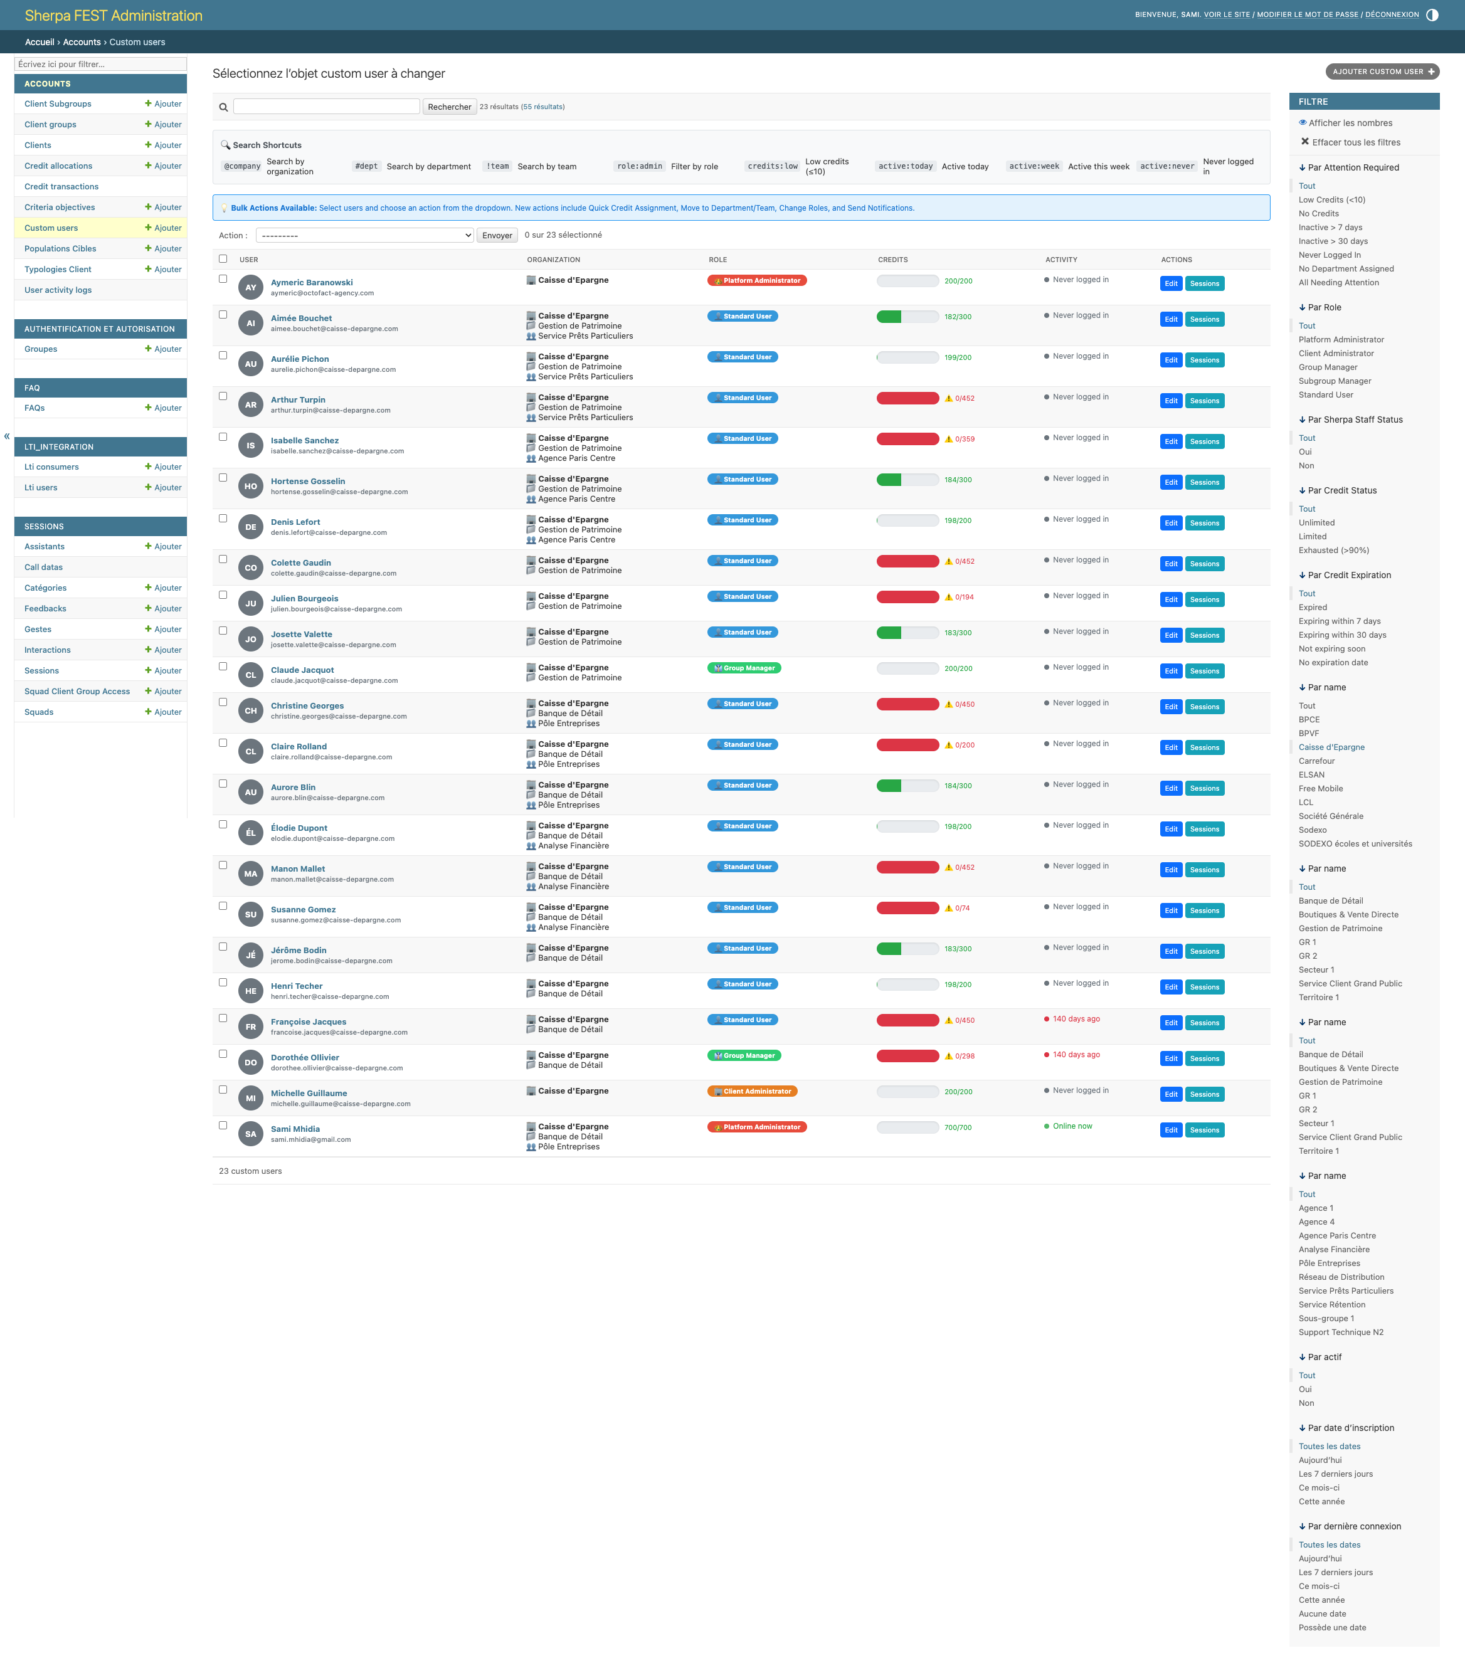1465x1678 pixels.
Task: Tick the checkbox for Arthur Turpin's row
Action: coord(223,396)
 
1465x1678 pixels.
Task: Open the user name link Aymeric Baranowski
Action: coord(312,283)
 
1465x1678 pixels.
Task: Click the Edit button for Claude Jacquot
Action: coord(1170,671)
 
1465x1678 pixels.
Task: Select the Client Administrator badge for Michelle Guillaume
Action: coord(752,1091)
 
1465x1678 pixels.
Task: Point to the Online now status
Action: coord(1072,1126)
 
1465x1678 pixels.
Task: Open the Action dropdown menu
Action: coord(364,235)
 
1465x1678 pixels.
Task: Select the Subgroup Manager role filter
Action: coord(1334,381)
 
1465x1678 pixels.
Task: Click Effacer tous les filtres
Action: coord(1355,142)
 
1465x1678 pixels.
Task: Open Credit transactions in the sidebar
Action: coord(61,186)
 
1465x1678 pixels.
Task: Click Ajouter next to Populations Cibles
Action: coord(164,248)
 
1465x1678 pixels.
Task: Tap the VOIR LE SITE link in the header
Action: coord(1226,14)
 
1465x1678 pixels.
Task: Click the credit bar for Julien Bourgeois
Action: coord(907,598)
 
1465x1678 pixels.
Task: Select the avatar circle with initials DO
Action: coord(251,1062)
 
